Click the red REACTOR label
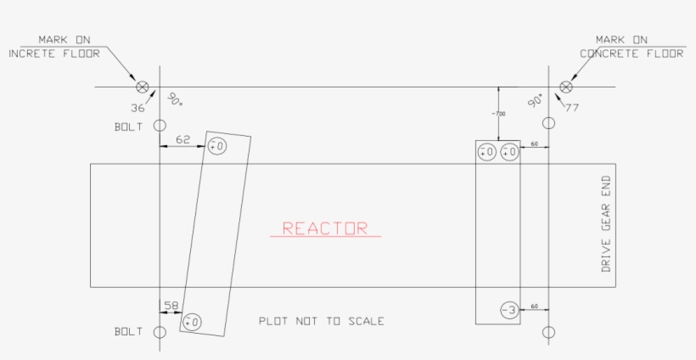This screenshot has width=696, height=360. (x=325, y=228)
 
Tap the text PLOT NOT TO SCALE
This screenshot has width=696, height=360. (x=322, y=321)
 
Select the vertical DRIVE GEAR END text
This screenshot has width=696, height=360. (x=606, y=225)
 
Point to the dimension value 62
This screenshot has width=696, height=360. (x=182, y=138)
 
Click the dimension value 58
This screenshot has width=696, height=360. (x=171, y=304)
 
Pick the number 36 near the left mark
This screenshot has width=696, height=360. (x=138, y=108)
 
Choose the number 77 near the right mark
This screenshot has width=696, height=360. (x=571, y=108)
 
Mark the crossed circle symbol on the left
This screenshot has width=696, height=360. (x=143, y=87)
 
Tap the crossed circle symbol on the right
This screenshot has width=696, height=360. (x=566, y=87)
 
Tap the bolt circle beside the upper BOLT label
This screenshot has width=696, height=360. (x=159, y=126)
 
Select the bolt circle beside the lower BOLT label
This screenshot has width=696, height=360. (x=159, y=331)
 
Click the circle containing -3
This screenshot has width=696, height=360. (x=508, y=311)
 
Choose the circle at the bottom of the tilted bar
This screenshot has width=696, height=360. (x=193, y=322)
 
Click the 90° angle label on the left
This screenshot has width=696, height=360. (x=174, y=99)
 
